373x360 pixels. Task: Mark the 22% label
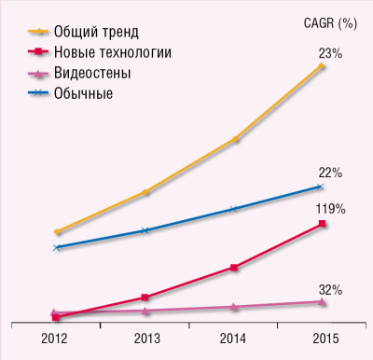click(329, 173)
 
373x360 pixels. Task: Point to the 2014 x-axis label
click(234, 337)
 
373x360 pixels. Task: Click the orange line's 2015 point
click(323, 66)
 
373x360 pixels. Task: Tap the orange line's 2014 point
click(234, 140)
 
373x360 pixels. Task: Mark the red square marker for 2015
click(323, 224)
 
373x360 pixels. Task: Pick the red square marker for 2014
click(234, 268)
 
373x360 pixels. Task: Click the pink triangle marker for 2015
click(323, 301)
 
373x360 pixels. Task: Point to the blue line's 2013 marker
click(145, 229)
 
